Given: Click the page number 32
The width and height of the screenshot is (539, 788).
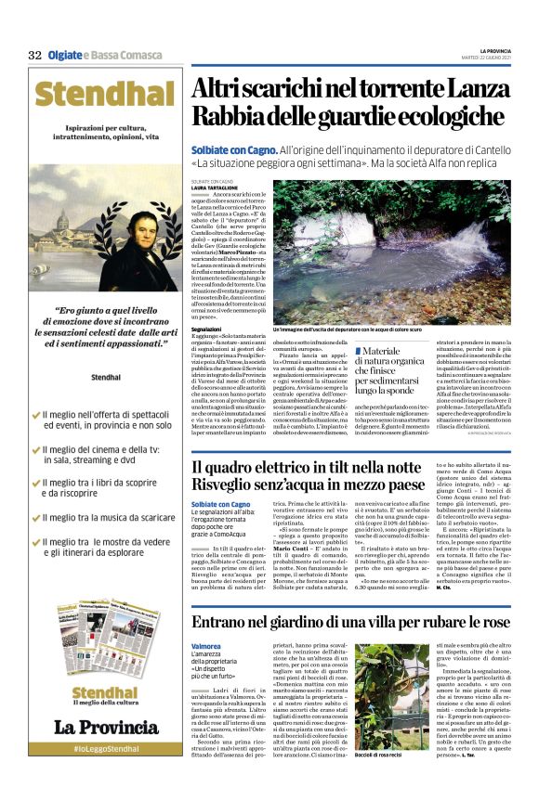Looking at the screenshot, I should (34, 55).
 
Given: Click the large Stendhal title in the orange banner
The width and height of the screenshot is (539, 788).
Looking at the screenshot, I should (107, 94).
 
